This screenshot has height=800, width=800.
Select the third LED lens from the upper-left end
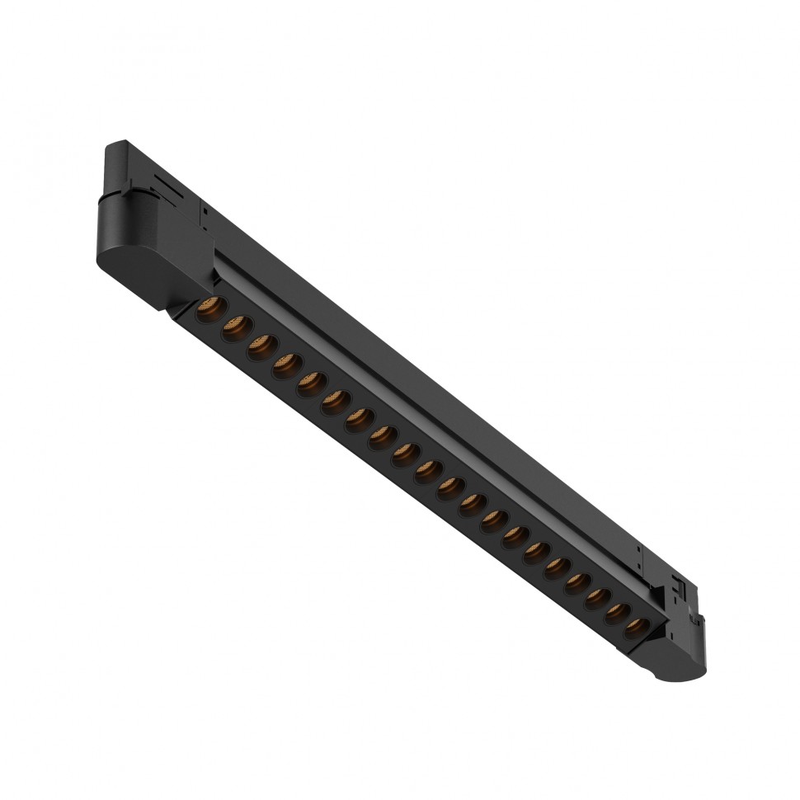point(260,346)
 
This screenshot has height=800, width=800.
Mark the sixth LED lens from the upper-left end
point(333,402)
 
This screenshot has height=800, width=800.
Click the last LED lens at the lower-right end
point(633,628)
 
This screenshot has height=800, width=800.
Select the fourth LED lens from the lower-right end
point(575,582)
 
